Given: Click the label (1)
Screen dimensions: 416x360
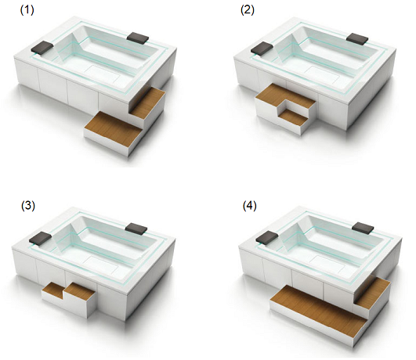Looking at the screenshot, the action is (27, 10).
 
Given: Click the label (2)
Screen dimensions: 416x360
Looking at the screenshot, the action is (248, 10).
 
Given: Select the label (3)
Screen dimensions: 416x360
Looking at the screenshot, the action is (28, 206).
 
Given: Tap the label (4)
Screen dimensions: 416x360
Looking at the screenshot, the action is (250, 206).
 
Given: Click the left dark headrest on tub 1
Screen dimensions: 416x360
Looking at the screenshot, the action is (42, 48).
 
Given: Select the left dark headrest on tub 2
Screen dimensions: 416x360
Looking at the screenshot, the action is (262, 48).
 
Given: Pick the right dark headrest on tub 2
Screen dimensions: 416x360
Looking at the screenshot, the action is (357, 38).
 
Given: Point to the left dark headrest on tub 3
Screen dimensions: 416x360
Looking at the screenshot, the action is (40, 238).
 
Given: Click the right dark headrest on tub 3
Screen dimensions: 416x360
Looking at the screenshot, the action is (136, 228).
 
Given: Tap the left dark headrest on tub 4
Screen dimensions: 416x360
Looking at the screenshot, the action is (267, 236).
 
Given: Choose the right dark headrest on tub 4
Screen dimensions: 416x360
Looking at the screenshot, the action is (363, 228).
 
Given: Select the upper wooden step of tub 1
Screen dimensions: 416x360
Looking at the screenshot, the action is (147, 103).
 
